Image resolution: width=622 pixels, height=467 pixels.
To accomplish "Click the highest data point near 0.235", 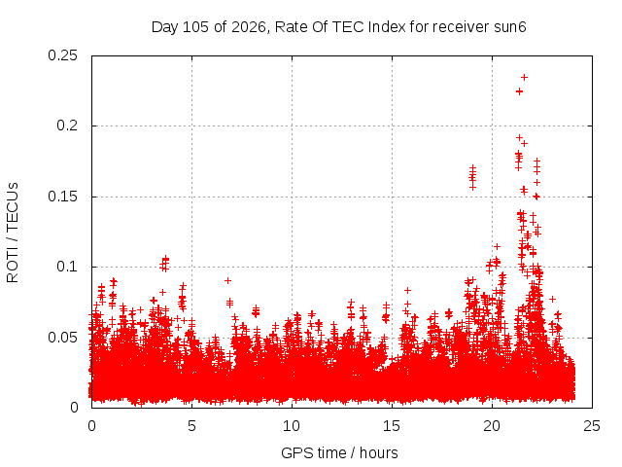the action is [x=524, y=78].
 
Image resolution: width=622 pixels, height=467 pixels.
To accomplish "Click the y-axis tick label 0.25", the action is [x=62, y=55].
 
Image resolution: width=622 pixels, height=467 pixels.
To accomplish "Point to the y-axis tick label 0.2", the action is [x=67, y=126].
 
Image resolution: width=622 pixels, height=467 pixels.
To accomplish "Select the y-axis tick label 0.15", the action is [x=62, y=197].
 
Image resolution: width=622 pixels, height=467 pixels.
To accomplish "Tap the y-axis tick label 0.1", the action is [x=67, y=267].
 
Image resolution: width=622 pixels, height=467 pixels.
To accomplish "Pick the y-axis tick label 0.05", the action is [x=62, y=338].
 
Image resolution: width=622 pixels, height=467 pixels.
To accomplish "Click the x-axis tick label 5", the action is [x=192, y=426].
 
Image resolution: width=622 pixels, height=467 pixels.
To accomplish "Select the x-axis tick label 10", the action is [x=292, y=426].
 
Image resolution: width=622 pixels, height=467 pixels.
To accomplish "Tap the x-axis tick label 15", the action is [x=392, y=426].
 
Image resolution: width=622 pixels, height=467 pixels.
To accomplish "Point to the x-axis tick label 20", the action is [x=492, y=426].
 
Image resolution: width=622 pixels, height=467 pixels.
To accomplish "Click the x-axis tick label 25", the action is [x=592, y=426].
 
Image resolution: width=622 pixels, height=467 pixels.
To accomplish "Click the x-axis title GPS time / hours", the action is [x=339, y=452].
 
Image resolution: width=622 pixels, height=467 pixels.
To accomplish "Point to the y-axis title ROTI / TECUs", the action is [x=13, y=233].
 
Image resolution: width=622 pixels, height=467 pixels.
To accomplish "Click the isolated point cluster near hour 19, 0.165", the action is [x=472, y=177].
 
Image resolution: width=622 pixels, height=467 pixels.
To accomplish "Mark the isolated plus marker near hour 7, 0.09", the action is [x=227, y=281].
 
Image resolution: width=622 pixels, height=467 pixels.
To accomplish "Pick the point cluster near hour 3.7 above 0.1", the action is [x=164, y=264].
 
